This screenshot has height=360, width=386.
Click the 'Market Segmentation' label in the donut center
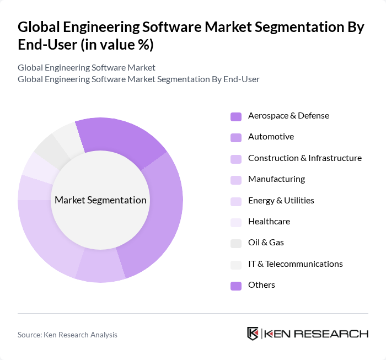100,200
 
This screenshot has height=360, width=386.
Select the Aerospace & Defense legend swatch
235,116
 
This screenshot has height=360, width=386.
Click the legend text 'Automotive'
271,137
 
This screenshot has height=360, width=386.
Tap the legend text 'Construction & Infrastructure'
304,158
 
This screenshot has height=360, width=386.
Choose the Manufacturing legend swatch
235,180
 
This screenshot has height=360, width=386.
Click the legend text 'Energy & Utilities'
281,201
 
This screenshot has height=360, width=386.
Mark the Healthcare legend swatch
235,222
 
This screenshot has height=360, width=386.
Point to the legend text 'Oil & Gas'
266,243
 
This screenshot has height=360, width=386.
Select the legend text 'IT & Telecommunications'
295,264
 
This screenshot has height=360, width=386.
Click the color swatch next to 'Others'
235,286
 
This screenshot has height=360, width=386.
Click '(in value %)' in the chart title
117,45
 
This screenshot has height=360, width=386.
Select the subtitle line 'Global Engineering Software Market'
87,67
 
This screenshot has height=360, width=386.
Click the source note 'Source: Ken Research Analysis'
67,335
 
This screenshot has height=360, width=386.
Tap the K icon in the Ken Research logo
253,334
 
